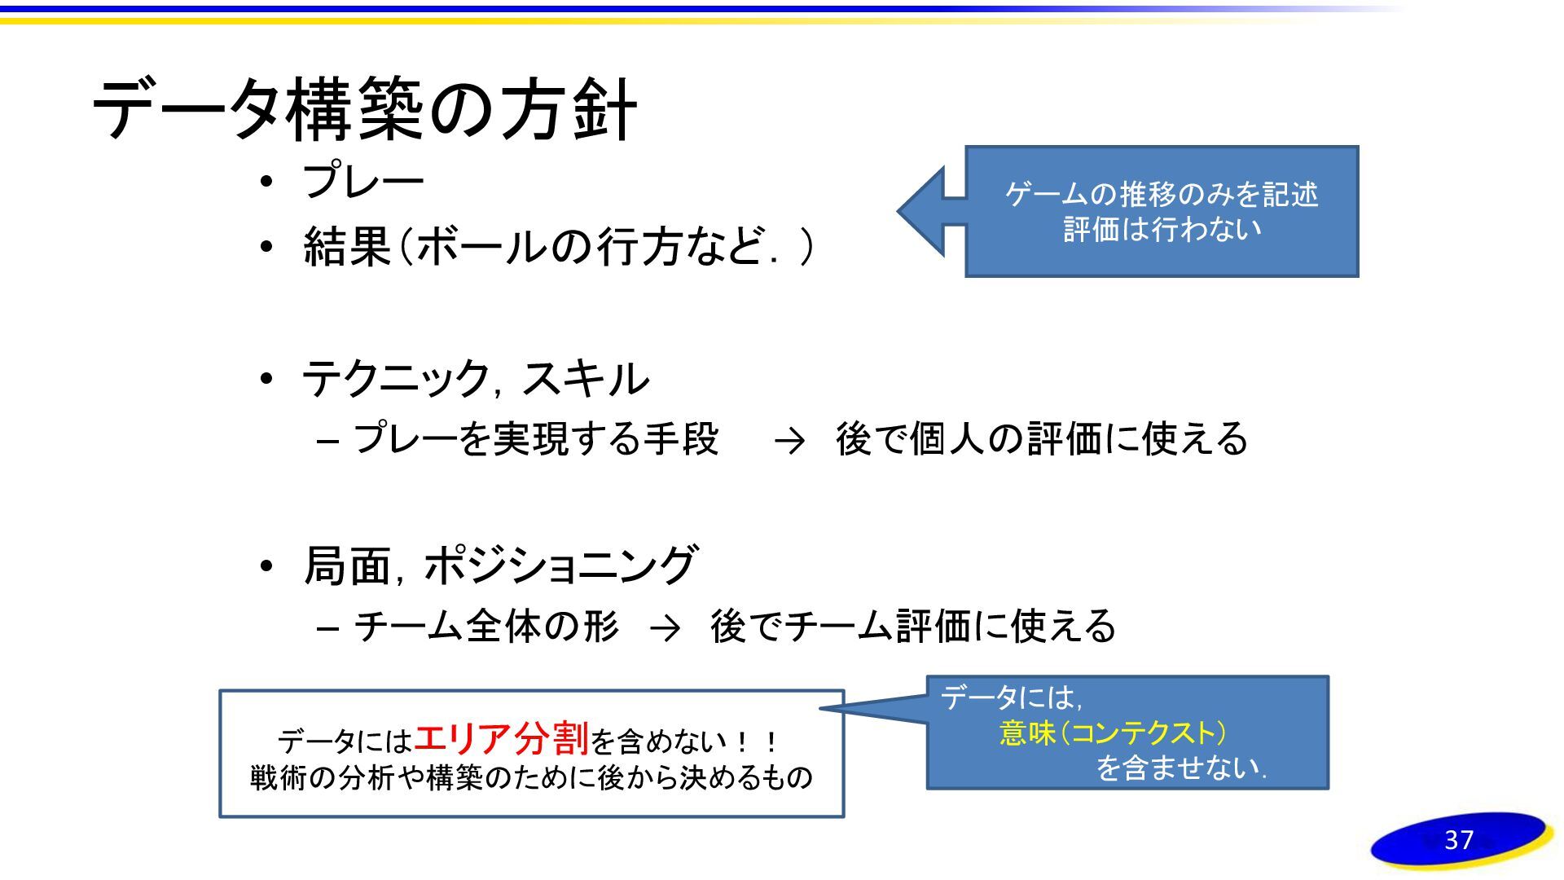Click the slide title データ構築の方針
click(364, 110)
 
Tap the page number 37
click(1458, 840)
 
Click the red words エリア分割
click(501, 738)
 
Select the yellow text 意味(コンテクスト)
click(1113, 733)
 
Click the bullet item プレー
click(363, 181)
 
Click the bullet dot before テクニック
click(266, 380)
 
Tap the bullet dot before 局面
click(266, 565)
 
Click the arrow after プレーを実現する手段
click(789, 441)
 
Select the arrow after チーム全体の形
click(665, 628)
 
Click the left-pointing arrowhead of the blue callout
click(920, 210)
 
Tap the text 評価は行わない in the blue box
click(1162, 230)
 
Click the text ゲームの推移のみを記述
click(1162, 194)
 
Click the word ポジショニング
click(560, 565)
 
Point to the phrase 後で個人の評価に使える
click(1041, 439)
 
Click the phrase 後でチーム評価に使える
click(912, 627)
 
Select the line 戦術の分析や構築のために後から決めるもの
click(531, 777)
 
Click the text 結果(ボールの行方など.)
click(558, 246)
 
